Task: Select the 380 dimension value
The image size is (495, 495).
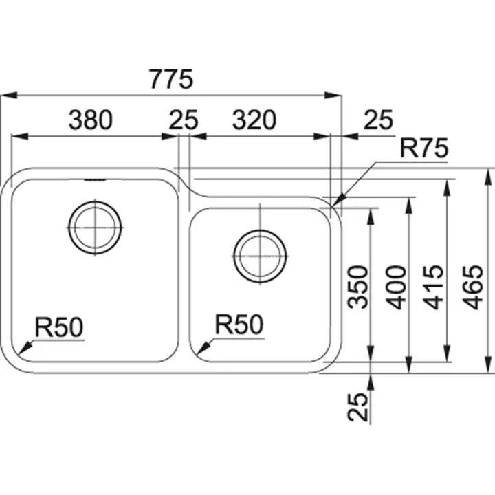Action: (90, 120)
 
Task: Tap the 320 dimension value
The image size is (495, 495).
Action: (254, 120)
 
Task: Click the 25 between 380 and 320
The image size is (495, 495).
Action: (183, 120)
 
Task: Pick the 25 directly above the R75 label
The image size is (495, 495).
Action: (377, 120)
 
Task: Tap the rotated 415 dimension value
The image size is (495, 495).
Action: (436, 287)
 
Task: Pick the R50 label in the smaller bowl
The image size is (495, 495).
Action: (239, 324)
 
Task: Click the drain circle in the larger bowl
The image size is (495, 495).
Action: (95, 227)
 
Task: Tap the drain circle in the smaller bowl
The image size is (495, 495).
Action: (260, 254)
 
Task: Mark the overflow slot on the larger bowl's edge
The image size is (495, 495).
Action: (94, 181)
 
